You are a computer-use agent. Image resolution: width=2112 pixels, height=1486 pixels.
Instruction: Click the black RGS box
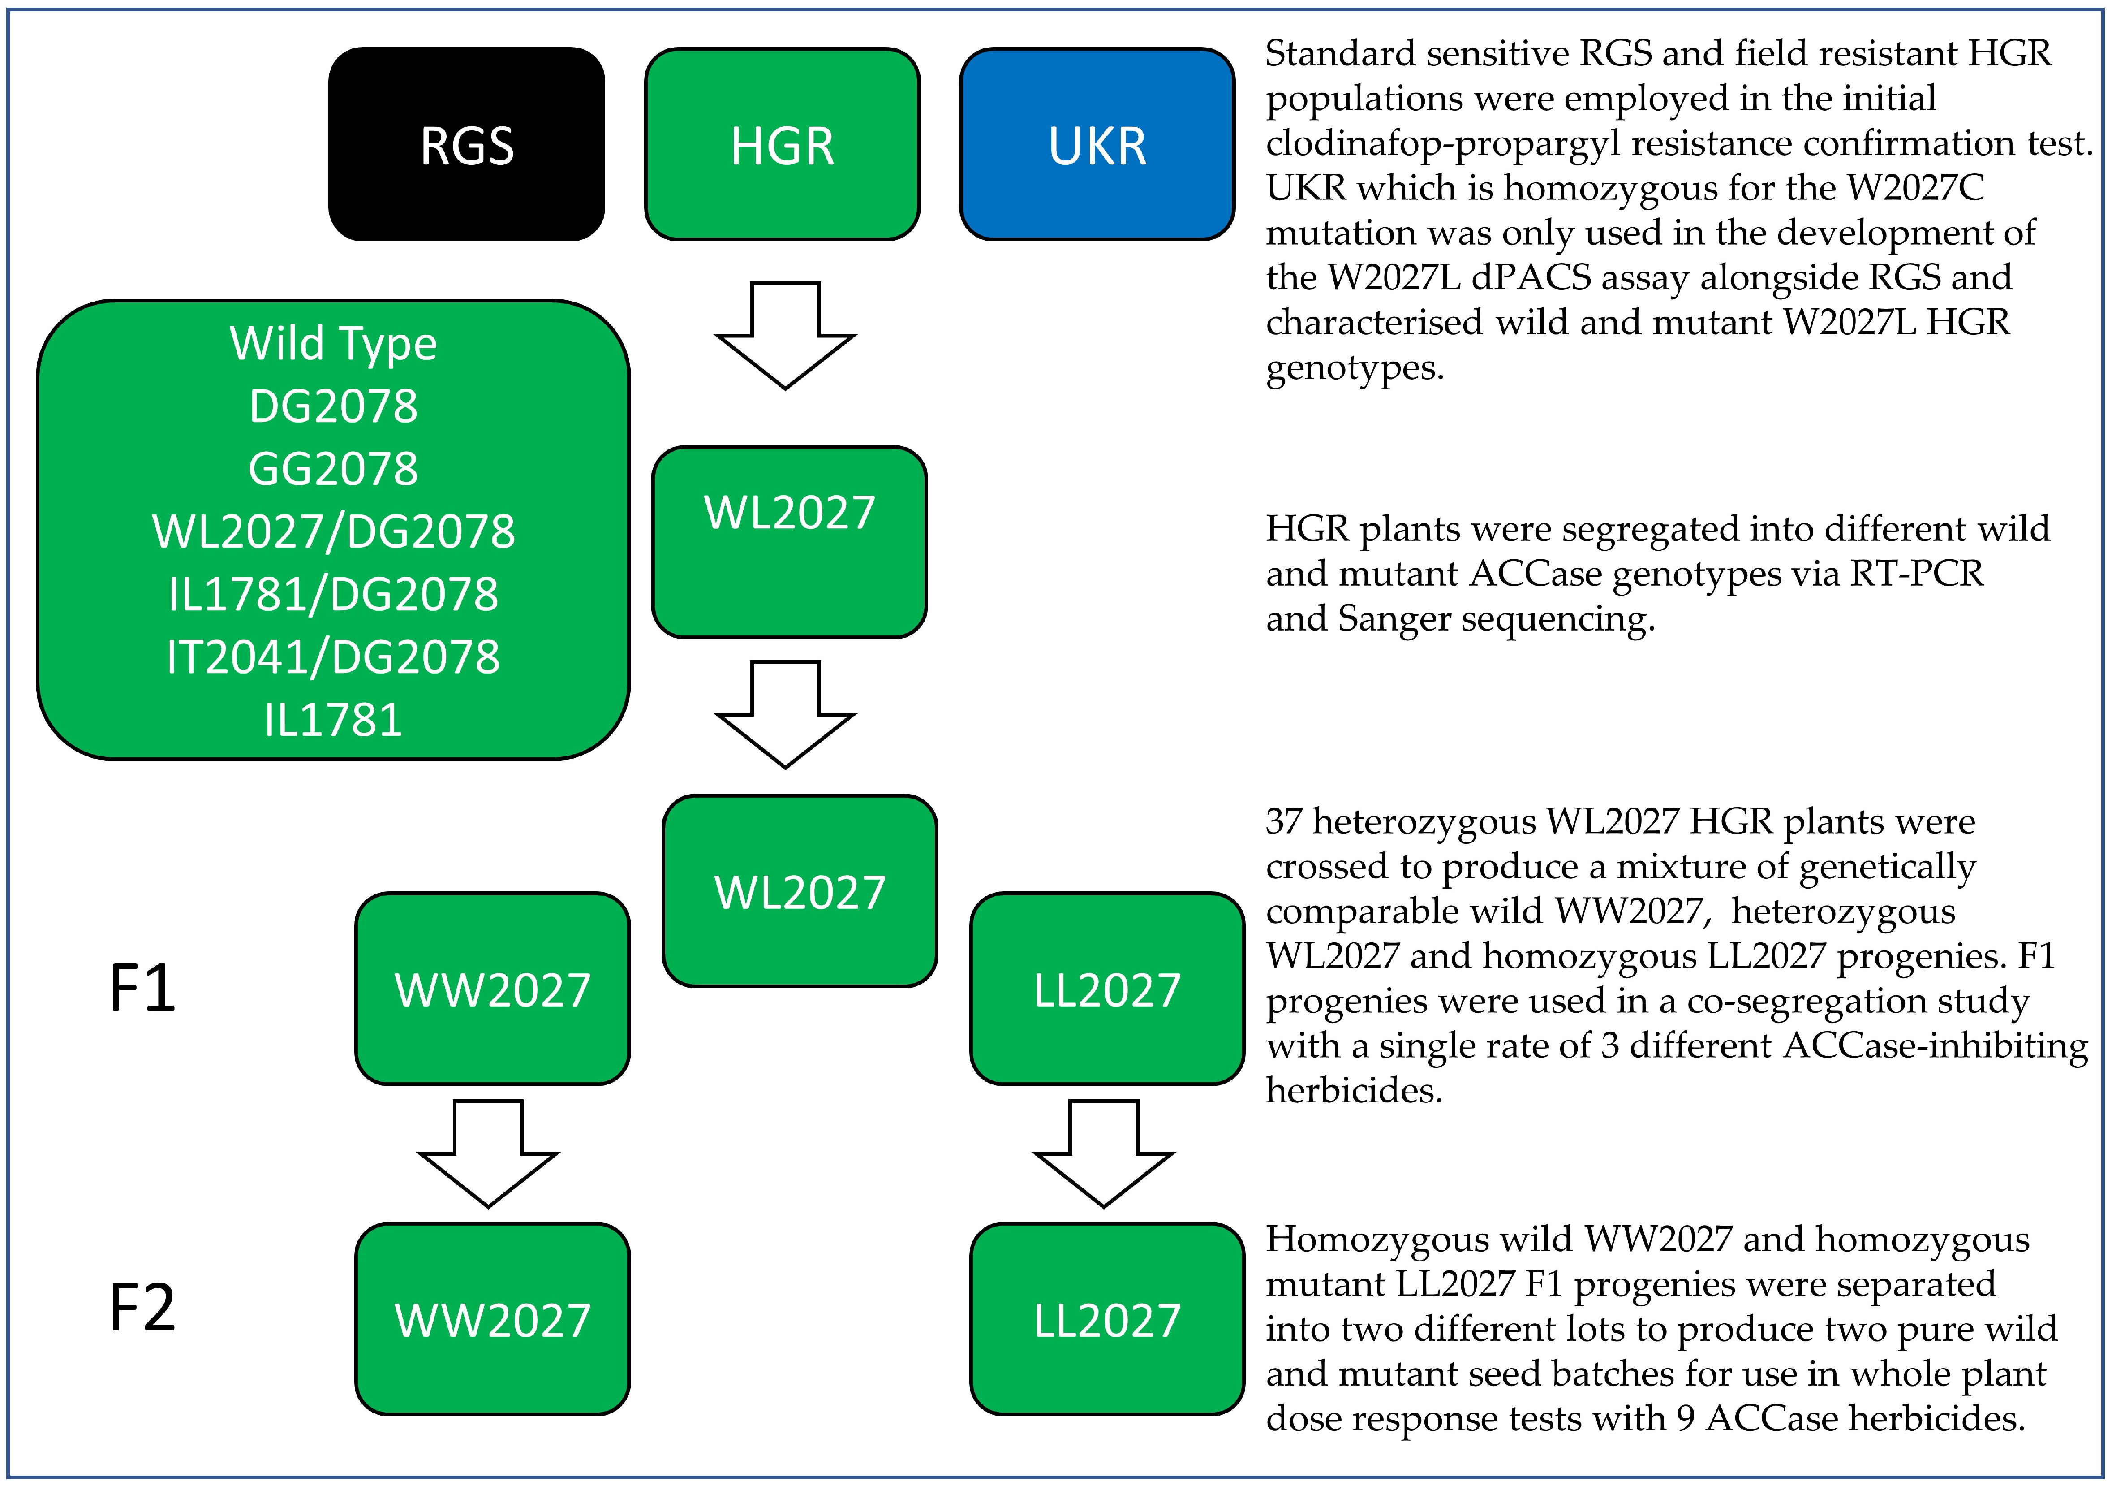point(466,144)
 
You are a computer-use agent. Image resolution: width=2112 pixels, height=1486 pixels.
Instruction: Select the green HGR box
point(782,144)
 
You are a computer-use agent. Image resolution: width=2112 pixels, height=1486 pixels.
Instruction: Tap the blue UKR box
point(1097,144)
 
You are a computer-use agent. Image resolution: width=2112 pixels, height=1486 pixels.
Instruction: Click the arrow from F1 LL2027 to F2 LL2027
point(1104,1153)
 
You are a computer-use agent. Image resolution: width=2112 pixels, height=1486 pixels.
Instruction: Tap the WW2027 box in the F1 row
point(492,989)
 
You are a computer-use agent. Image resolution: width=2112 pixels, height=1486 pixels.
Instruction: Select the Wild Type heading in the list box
point(333,343)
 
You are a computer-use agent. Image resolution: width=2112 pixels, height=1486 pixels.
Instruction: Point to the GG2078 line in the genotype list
point(333,468)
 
